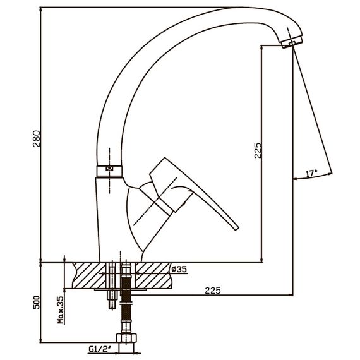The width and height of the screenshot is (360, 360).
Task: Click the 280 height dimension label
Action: (37, 139)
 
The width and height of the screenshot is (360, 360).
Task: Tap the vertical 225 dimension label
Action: (258, 150)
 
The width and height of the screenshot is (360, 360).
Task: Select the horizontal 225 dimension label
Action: (213, 291)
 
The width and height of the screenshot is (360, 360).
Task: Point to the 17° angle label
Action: (311, 173)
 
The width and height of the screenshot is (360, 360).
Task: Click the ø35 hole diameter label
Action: (179, 269)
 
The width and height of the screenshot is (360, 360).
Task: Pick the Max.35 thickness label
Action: (61, 310)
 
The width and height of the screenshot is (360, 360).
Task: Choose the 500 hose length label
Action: (37, 303)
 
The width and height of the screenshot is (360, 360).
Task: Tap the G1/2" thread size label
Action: (100, 349)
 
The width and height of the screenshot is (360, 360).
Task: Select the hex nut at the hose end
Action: (126, 338)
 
